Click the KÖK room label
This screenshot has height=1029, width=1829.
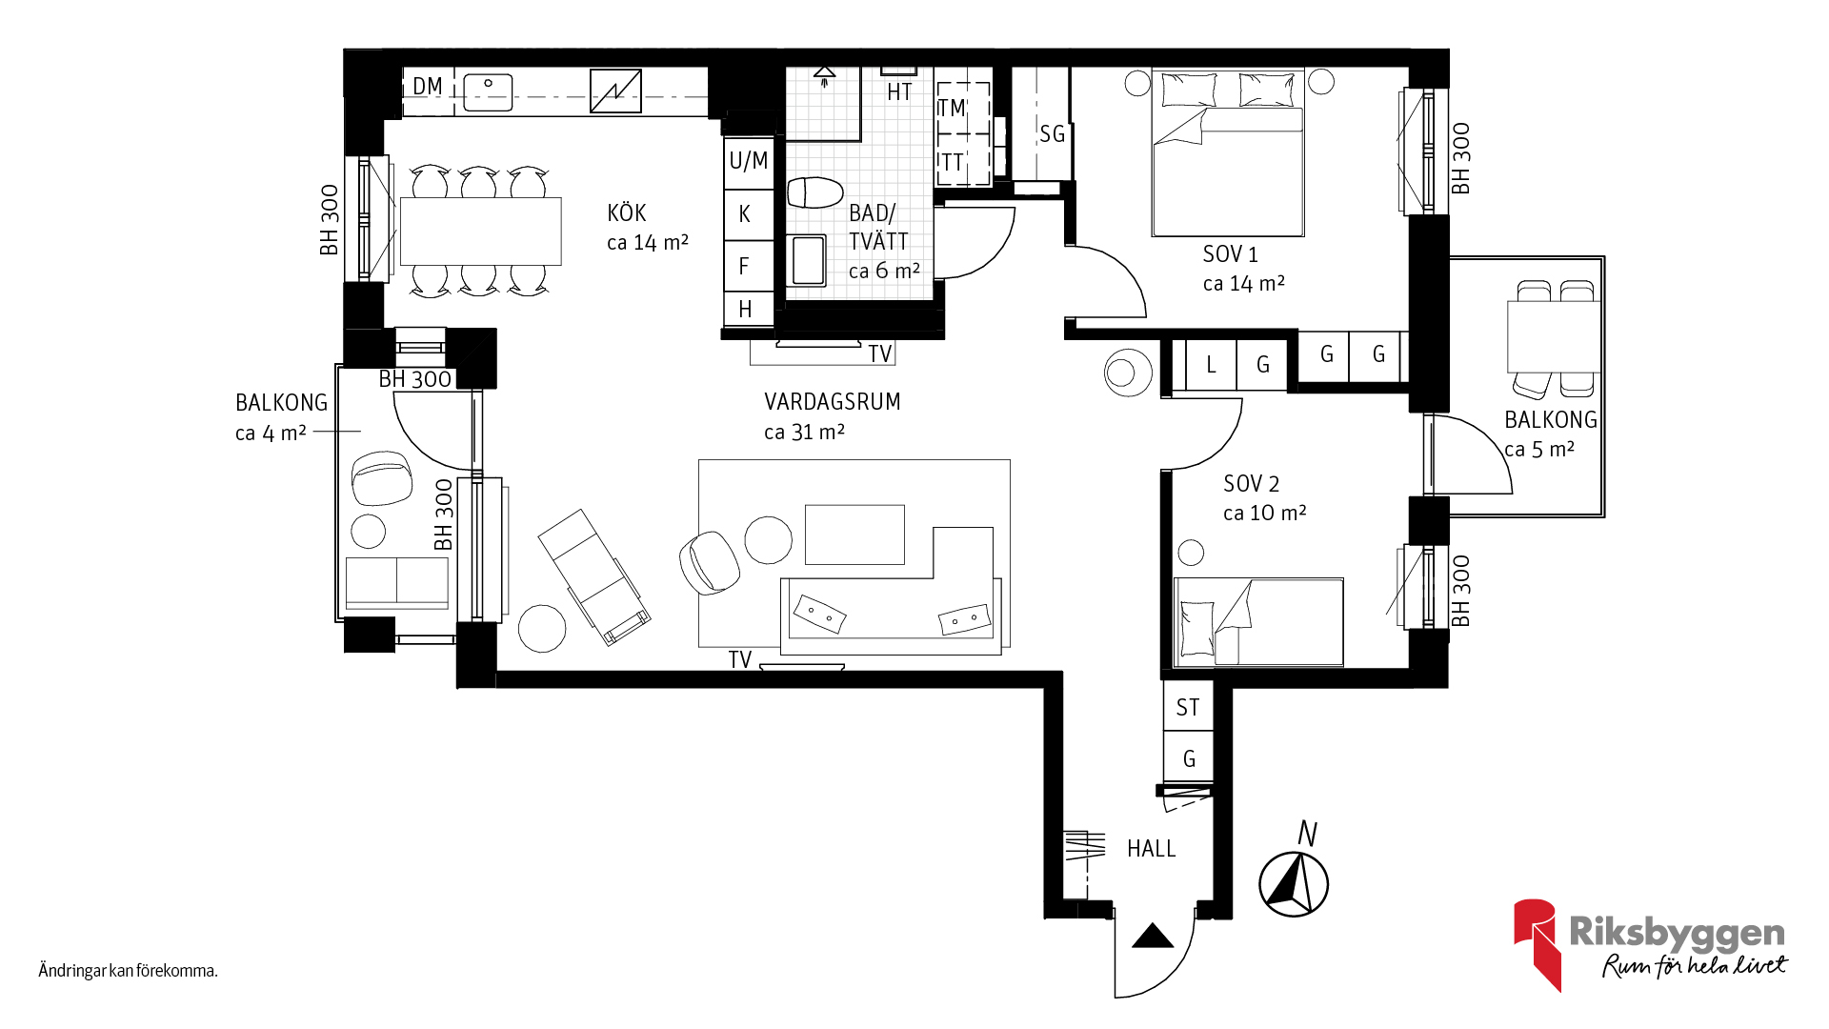pyautogui.click(x=627, y=212)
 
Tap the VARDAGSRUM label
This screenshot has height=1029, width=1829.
pyautogui.click(x=832, y=402)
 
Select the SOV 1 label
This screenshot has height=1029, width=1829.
pyautogui.click(x=1230, y=254)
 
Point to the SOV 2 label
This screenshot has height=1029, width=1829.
pyautogui.click(x=1251, y=484)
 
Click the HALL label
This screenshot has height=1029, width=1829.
pyautogui.click(x=1151, y=849)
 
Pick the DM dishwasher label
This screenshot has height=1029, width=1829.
pyautogui.click(x=428, y=87)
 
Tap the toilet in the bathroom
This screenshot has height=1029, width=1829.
pyautogui.click(x=815, y=192)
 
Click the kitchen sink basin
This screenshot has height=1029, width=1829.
pyautogui.click(x=488, y=92)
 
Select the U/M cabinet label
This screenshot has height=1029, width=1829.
pyautogui.click(x=749, y=161)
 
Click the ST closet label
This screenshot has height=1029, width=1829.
pyautogui.click(x=1188, y=708)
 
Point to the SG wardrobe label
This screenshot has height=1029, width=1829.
pyautogui.click(x=1052, y=134)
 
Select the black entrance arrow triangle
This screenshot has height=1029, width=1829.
pyautogui.click(x=1153, y=936)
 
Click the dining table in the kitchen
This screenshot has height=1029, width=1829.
pyautogui.click(x=481, y=231)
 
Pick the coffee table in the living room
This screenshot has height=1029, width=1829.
pyautogui.click(x=854, y=535)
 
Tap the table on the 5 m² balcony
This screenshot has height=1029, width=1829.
pyautogui.click(x=1554, y=336)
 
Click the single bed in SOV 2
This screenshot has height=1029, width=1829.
pyautogui.click(x=1259, y=621)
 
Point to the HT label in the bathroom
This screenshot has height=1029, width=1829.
pyautogui.click(x=899, y=92)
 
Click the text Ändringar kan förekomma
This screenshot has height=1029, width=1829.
pyautogui.click(x=129, y=971)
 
